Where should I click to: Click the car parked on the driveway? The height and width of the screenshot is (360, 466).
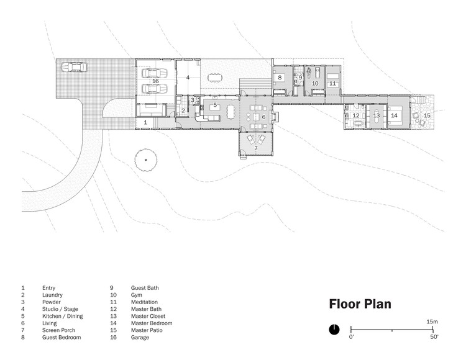[x=75, y=67]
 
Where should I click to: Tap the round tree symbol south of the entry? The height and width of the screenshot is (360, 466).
[x=145, y=160]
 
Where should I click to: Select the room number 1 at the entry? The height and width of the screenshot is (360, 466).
[x=145, y=123]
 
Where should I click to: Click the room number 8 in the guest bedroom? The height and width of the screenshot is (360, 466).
[x=280, y=78]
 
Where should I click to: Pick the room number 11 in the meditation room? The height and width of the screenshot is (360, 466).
[x=332, y=83]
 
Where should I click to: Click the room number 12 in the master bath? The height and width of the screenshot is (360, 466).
[x=355, y=115]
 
